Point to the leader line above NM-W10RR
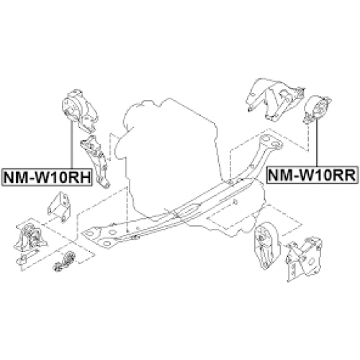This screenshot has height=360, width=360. (x=317, y=144)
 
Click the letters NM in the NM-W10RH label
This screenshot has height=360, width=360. (x=16, y=176)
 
